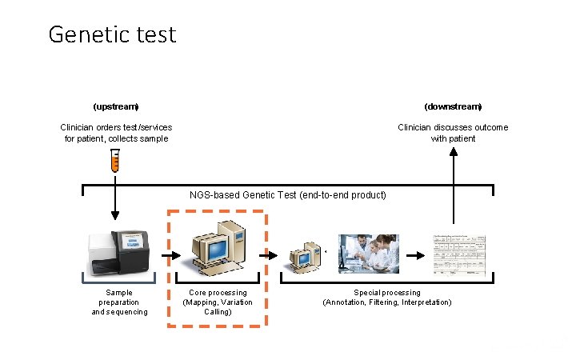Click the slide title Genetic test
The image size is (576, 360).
pyautogui.click(x=112, y=34)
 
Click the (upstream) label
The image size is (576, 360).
pyautogui.click(x=116, y=106)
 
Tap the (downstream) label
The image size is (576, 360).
pyautogui.click(x=453, y=106)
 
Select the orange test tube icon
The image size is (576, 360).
pyautogui.click(x=115, y=162)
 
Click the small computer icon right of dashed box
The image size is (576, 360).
pyautogui.click(x=304, y=256)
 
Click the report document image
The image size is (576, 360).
pyautogui.click(x=460, y=254)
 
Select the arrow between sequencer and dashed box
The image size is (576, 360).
pyautogui.click(x=169, y=256)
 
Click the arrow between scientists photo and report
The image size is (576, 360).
pyautogui.click(x=416, y=256)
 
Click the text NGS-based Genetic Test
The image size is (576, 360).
pyautogui.click(x=287, y=195)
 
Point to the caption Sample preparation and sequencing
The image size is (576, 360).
pyautogui.click(x=119, y=302)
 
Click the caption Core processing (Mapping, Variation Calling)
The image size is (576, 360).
pyautogui.click(x=218, y=302)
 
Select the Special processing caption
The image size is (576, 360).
pyautogui.click(x=386, y=298)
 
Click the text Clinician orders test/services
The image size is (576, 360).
pyautogui.click(x=116, y=127)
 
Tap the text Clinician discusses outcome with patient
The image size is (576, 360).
pyautogui.click(x=453, y=133)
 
